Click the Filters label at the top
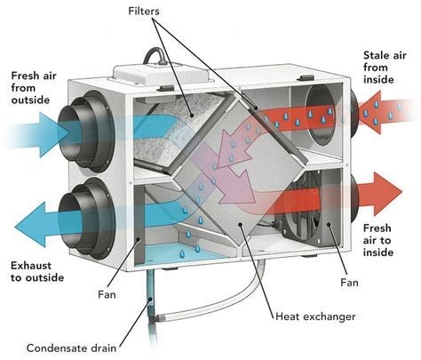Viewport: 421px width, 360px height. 144,12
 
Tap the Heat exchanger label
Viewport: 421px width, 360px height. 315,316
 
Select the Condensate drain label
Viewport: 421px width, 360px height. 71,348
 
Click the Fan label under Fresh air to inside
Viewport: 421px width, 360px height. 349,283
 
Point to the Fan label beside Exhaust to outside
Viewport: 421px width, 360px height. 107,294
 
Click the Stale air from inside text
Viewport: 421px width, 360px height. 385,68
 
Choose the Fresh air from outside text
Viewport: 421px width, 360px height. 34,88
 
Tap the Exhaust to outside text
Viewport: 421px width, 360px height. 37,271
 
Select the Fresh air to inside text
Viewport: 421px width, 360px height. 378,240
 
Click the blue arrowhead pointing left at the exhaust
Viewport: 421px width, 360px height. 29,224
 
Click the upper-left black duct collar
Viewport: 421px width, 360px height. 86,131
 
